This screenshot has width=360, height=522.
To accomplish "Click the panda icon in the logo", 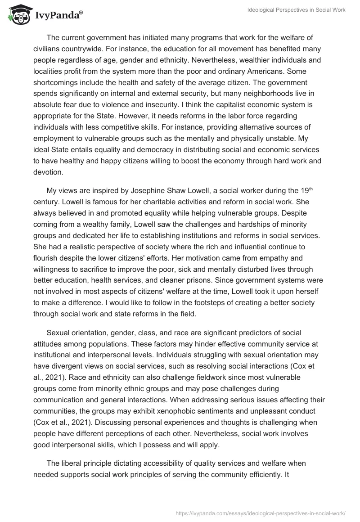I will click(18, 15).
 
